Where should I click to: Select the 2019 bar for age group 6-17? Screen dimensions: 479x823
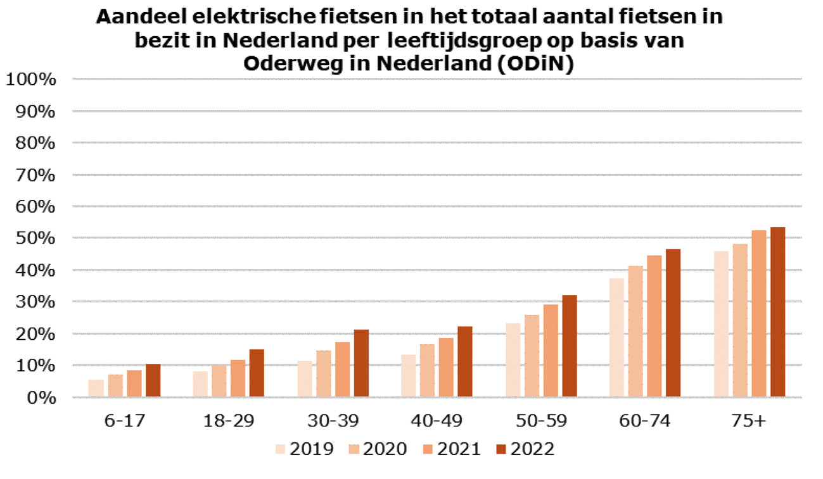tap(96, 389)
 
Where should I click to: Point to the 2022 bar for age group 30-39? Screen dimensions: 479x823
tap(361, 364)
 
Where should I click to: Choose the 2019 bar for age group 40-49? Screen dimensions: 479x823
tap(409, 376)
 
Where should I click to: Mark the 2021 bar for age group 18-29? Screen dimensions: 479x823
tap(238, 378)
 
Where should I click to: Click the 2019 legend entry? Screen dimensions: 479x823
tap(304, 449)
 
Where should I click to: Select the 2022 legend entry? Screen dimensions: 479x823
tap(525, 449)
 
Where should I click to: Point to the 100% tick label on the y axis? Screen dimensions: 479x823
tap(32, 80)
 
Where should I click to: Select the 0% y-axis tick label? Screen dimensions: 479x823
tap(39, 398)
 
